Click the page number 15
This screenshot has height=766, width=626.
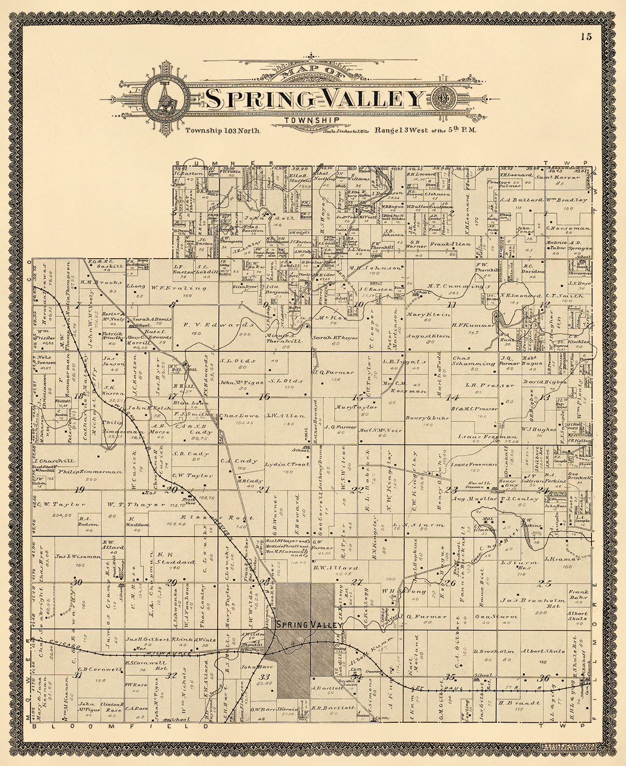(x=585, y=36)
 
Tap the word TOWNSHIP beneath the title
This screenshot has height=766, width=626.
(x=311, y=120)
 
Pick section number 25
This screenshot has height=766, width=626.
(x=544, y=584)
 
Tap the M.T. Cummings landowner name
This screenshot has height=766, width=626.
(x=458, y=286)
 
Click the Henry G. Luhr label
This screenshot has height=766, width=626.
(x=425, y=418)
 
